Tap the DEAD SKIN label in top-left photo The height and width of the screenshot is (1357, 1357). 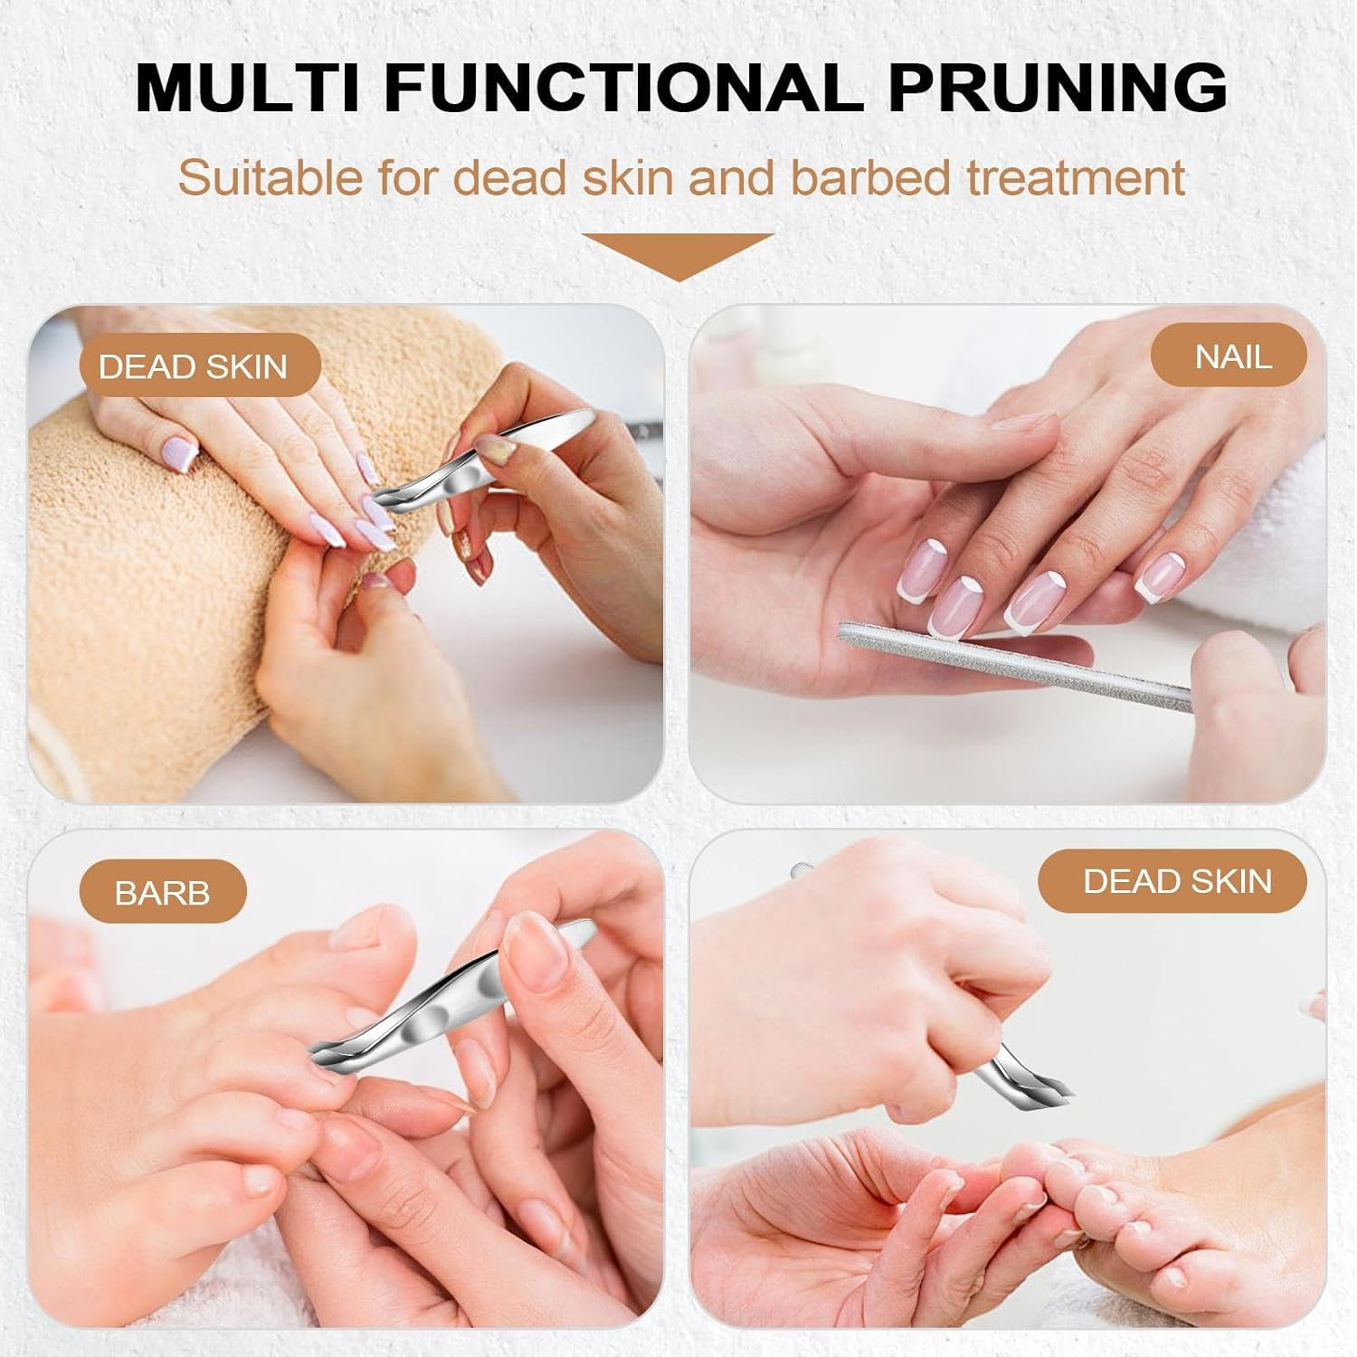[193, 366]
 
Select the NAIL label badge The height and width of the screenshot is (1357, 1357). [1232, 356]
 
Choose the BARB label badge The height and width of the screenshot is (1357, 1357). [162, 893]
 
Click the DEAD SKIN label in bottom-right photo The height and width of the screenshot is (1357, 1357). [1177, 881]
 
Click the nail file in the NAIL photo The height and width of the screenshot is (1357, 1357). [1013, 665]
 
